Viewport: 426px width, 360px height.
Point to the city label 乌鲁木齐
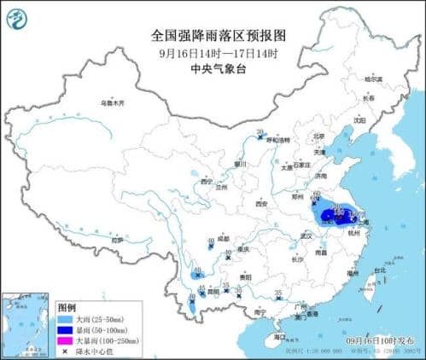112,103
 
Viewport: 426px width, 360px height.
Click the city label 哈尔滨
374,79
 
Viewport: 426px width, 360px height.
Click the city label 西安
262,205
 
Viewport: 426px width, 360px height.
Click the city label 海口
279,337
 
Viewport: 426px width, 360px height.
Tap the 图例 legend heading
67,306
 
